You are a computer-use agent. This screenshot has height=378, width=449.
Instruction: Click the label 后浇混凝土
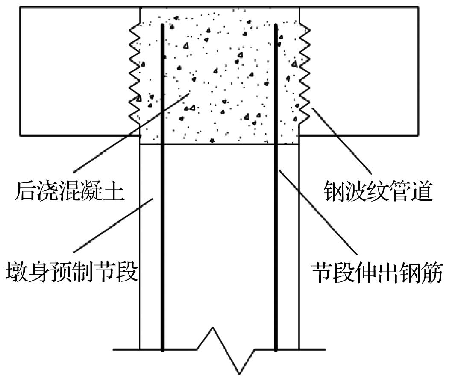click(x=70, y=191)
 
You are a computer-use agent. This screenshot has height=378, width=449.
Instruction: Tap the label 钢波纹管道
click(x=378, y=191)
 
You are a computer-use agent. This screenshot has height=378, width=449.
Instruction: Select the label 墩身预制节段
click(x=72, y=271)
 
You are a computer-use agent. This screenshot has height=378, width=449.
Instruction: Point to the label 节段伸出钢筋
click(x=377, y=272)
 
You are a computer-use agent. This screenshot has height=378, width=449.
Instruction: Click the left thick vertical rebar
click(x=162, y=188)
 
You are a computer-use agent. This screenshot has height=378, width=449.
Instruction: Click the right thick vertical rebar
click(x=276, y=188)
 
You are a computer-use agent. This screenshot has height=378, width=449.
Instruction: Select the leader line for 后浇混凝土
click(x=131, y=132)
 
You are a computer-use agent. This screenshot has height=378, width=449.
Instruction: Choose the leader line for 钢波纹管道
click(x=342, y=141)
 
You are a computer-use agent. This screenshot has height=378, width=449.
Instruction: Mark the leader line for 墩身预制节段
click(x=113, y=225)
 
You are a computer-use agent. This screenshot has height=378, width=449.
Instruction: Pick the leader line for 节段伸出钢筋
click(x=318, y=212)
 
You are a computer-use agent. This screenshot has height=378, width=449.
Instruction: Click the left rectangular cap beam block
click(x=79, y=71)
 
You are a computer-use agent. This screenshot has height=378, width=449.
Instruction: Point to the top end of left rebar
click(x=162, y=25)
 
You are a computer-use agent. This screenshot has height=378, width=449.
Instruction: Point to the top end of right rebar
click(x=276, y=25)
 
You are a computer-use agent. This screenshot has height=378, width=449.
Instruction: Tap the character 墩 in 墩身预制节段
click(x=17, y=271)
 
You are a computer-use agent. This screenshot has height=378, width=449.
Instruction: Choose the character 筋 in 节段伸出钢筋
click(x=432, y=272)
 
